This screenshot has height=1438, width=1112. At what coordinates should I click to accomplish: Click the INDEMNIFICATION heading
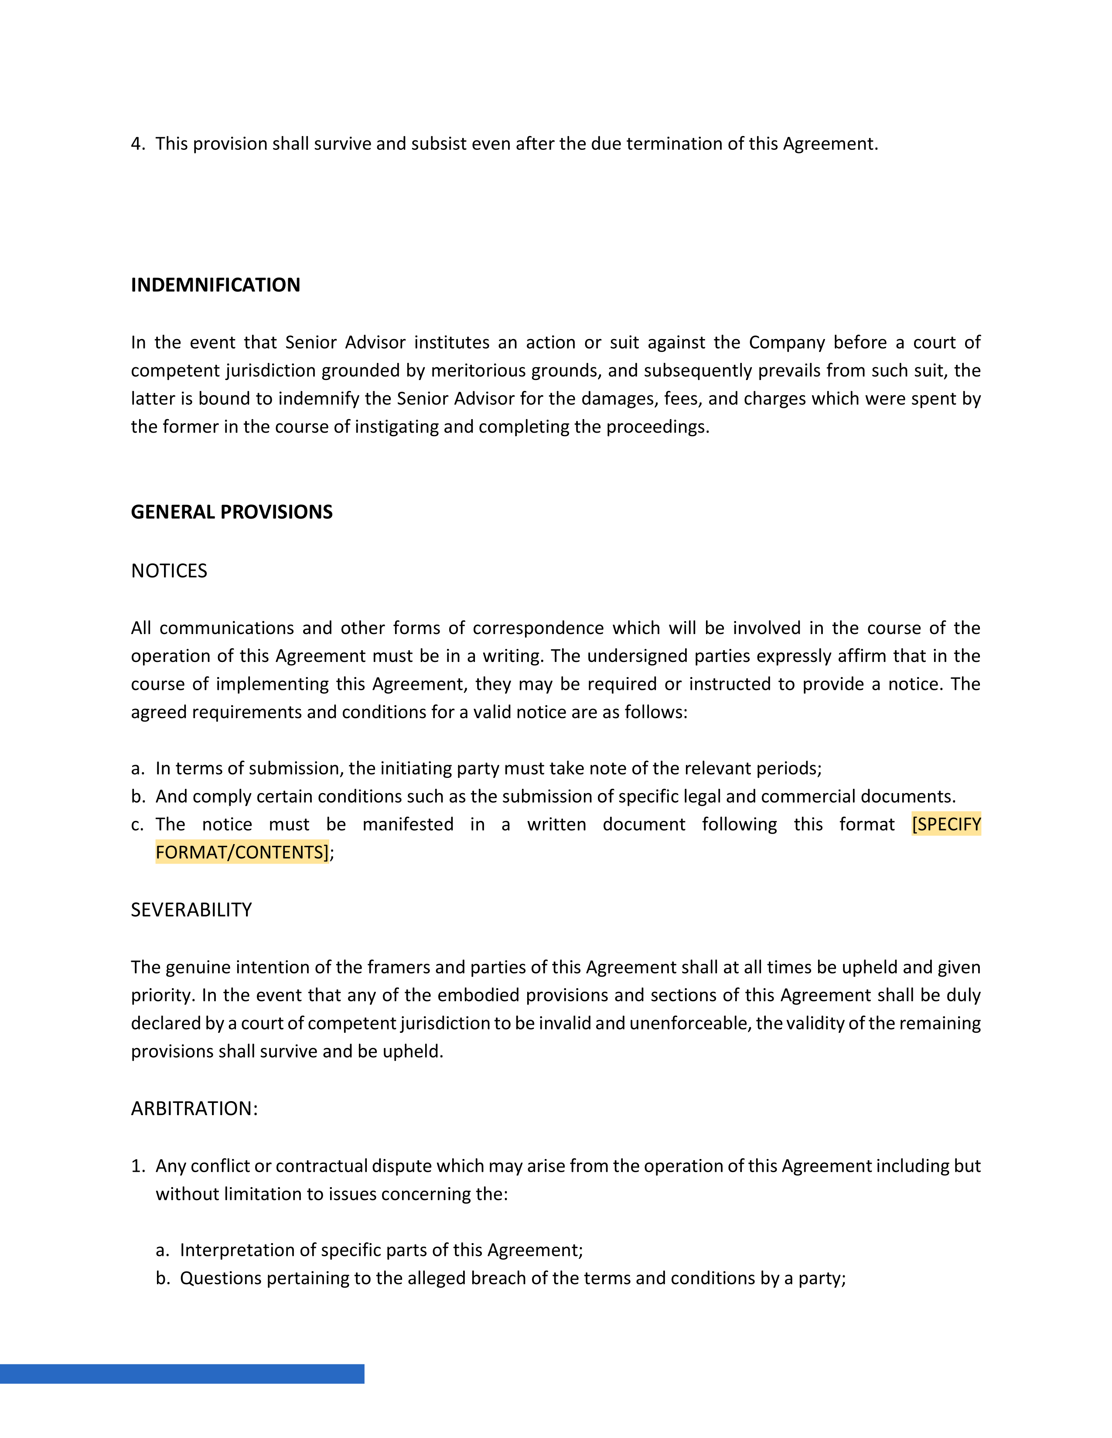tap(215, 285)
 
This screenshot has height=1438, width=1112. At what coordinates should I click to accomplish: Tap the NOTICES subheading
tap(169, 571)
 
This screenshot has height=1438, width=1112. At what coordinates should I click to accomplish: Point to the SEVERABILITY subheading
tap(191, 910)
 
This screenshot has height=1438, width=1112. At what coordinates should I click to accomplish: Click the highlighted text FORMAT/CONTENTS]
tap(242, 853)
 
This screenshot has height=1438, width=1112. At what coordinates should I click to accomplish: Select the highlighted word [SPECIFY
tap(946, 824)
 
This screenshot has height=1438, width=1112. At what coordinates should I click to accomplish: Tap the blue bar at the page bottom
tap(182, 1374)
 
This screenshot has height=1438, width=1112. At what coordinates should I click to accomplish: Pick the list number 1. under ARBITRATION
tap(138, 1166)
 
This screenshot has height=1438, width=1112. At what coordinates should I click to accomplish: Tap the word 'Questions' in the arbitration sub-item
tap(219, 1279)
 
